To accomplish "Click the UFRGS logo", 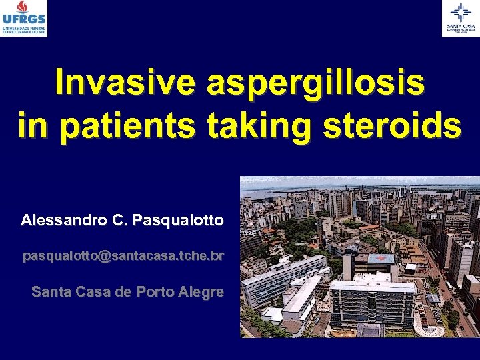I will pyautogui.click(x=24, y=19).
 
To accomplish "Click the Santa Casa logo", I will pyautogui.click(x=461, y=18).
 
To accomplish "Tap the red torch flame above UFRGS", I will pyautogui.click(x=23, y=7).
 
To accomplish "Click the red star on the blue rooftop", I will pyautogui.click(x=381, y=258).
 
